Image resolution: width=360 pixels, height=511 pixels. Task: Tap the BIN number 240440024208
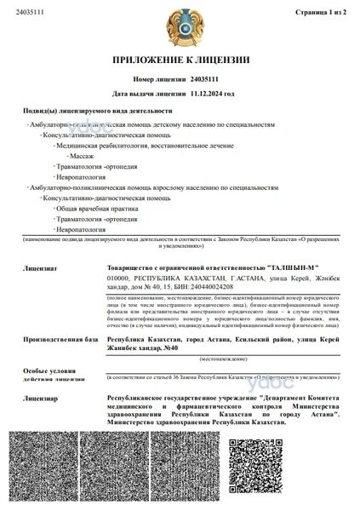188,287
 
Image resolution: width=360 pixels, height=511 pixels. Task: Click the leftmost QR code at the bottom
44,470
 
